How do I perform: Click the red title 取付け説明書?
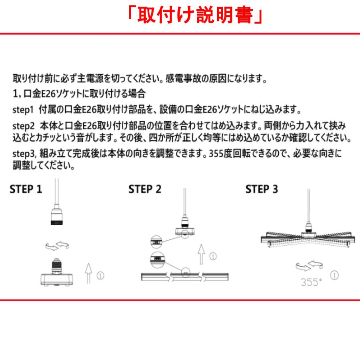[x=195, y=16]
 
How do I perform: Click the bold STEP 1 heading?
[x=26, y=189]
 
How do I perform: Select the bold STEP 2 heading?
[x=145, y=189]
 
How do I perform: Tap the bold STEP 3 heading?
[x=262, y=189]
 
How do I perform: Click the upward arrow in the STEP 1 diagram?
[x=88, y=274]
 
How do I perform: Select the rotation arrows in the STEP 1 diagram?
[x=55, y=245]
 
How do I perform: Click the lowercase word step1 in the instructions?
[x=23, y=109]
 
